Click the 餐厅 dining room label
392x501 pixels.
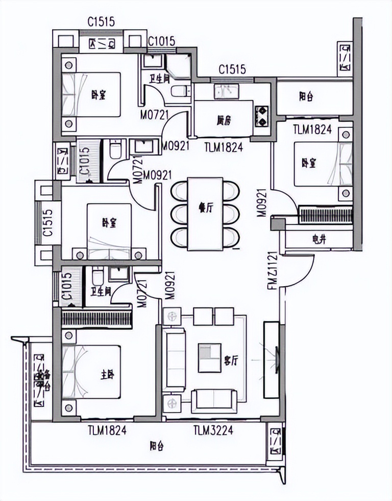coord(205,207)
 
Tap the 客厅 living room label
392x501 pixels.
coord(231,361)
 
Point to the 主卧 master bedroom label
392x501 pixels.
coord(108,375)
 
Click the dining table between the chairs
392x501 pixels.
coord(205,214)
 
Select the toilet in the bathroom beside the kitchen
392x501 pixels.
coord(178,92)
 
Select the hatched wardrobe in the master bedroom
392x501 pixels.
coord(97,318)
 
